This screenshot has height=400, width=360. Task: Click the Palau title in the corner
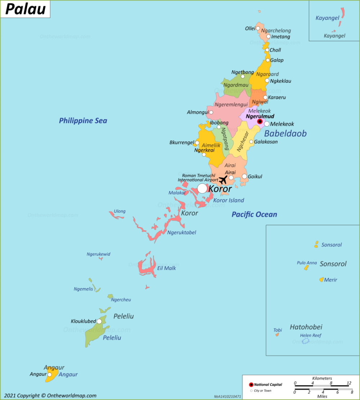point(25,9)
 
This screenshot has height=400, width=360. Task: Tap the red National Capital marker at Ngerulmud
point(260,122)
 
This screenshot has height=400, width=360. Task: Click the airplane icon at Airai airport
point(223,179)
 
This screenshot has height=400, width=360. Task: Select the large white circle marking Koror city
point(202,188)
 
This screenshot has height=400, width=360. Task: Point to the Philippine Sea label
point(83,121)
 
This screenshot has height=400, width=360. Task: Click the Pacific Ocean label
point(254,215)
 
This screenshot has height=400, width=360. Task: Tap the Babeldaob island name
point(285,134)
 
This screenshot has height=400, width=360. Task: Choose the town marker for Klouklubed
point(99,321)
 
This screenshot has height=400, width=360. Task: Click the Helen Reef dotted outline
point(306,341)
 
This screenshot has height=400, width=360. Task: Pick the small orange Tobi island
point(277,335)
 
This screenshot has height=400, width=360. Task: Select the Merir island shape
point(321,279)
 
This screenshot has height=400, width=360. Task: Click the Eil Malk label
point(167,268)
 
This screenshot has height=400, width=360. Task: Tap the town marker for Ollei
point(258,28)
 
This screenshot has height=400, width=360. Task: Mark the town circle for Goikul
point(244,176)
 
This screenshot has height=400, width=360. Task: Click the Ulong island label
point(120,211)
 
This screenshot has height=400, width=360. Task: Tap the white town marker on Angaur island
point(50,374)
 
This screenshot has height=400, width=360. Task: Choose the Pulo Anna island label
point(307,263)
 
